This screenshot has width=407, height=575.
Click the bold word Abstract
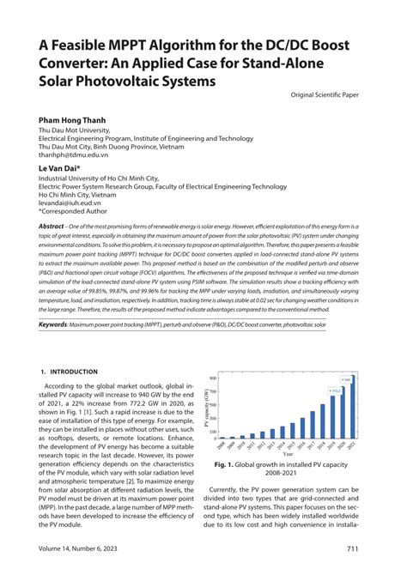pos(52,226)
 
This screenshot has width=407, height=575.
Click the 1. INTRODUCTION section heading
pos(70,372)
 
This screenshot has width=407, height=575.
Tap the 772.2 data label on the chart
pos(337,390)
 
